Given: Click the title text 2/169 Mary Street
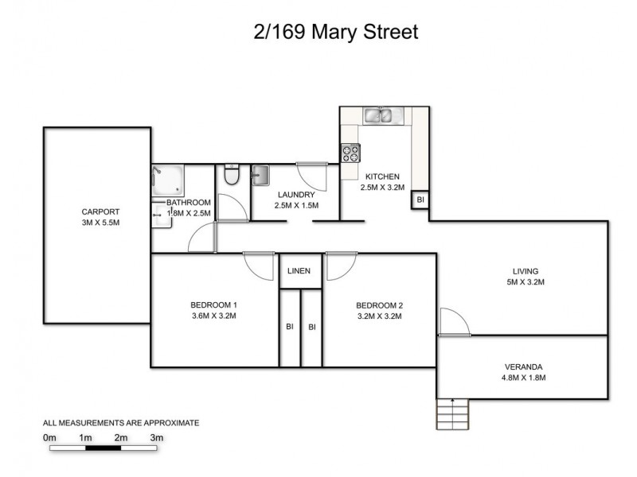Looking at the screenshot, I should [334, 33].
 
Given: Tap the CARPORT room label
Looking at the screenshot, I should [100, 212].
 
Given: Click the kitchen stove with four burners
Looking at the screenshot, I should [350, 153].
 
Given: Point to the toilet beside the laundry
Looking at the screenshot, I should [232, 175].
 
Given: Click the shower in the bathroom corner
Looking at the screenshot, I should [168, 180].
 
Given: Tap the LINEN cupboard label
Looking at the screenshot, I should [299, 271].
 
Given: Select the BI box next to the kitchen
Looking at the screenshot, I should [420, 200].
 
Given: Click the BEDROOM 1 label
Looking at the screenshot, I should [214, 305].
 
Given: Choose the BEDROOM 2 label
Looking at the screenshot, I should [379, 305].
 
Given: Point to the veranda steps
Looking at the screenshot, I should [452, 413].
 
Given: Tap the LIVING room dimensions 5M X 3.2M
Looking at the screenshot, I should [525, 281].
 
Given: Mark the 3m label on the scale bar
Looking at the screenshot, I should [157, 438].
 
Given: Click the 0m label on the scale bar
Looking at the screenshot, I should [49, 438].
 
